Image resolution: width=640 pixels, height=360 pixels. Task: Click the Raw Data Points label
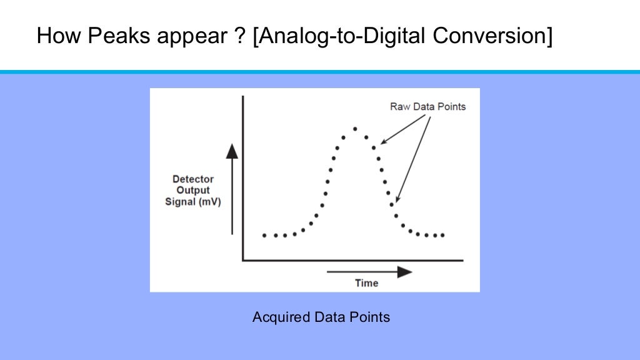click(427, 106)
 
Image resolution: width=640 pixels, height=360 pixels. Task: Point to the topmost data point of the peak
click(355, 129)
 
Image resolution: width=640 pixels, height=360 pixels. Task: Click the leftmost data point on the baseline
click(264, 236)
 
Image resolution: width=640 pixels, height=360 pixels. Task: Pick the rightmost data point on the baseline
click(442, 235)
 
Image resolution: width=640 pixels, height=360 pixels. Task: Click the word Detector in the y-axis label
click(193, 179)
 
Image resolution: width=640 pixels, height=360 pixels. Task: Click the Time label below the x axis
click(367, 282)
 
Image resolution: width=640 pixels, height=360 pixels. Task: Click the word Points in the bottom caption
click(371, 317)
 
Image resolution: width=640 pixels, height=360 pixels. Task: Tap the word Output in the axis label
click(193, 190)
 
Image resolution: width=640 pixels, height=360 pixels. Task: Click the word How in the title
click(56, 36)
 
